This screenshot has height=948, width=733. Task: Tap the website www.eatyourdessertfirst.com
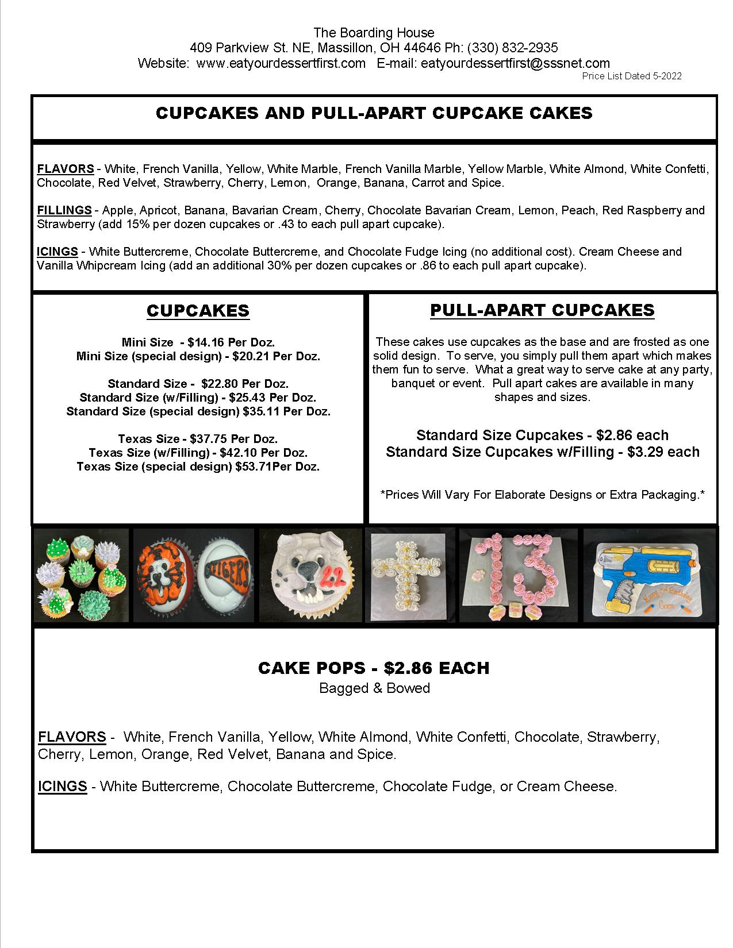point(281,63)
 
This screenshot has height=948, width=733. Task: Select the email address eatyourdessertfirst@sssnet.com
point(515,63)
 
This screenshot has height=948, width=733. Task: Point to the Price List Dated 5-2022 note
point(631,76)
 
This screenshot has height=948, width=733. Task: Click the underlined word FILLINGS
point(64,210)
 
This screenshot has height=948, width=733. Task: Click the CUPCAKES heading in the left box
point(198,311)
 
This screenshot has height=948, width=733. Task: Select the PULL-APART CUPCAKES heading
point(542,310)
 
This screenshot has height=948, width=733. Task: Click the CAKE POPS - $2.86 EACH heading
point(374,668)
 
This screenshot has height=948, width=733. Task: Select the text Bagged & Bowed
point(374,688)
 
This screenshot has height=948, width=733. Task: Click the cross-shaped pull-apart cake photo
point(409,575)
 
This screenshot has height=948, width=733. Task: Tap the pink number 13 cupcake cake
point(518,575)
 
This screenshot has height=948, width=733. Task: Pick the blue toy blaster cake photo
point(650,575)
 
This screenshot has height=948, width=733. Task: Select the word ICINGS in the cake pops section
point(63,786)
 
